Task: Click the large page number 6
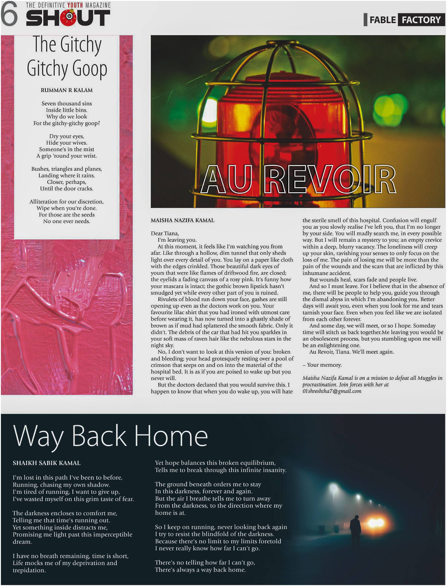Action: point(9,14)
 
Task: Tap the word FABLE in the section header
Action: point(382,20)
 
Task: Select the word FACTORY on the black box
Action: point(421,20)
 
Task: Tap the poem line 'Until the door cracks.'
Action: point(67,189)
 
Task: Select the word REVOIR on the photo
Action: point(330,180)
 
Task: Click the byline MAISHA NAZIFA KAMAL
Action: point(182,220)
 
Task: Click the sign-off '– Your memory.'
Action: point(322,365)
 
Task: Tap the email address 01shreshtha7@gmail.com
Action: point(332,391)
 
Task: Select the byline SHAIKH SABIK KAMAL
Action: point(46,463)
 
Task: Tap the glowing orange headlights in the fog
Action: point(376,523)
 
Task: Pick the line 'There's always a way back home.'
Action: point(200,570)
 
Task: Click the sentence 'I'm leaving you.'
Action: point(177,240)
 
